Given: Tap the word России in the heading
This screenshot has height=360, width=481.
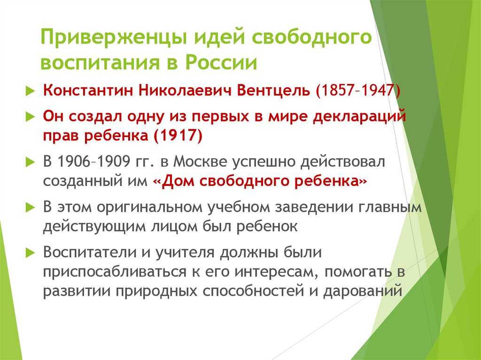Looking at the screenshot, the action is [x=221, y=62].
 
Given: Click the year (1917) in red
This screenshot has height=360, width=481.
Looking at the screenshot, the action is [x=178, y=135].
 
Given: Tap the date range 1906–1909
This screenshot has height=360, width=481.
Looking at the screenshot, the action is [x=94, y=161].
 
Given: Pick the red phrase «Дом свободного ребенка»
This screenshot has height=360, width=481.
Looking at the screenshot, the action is [x=260, y=181].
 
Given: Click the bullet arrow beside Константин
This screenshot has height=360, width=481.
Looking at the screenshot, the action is [x=31, y=91].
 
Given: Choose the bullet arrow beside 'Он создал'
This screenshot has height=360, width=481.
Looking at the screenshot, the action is [x=31, y=117].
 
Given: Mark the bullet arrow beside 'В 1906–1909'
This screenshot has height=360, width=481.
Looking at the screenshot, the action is [x=31, y=162].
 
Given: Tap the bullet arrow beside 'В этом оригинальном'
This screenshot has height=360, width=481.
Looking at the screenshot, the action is [x=31, y=207].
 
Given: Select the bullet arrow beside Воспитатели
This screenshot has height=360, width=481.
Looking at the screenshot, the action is [x=31, y=253].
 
